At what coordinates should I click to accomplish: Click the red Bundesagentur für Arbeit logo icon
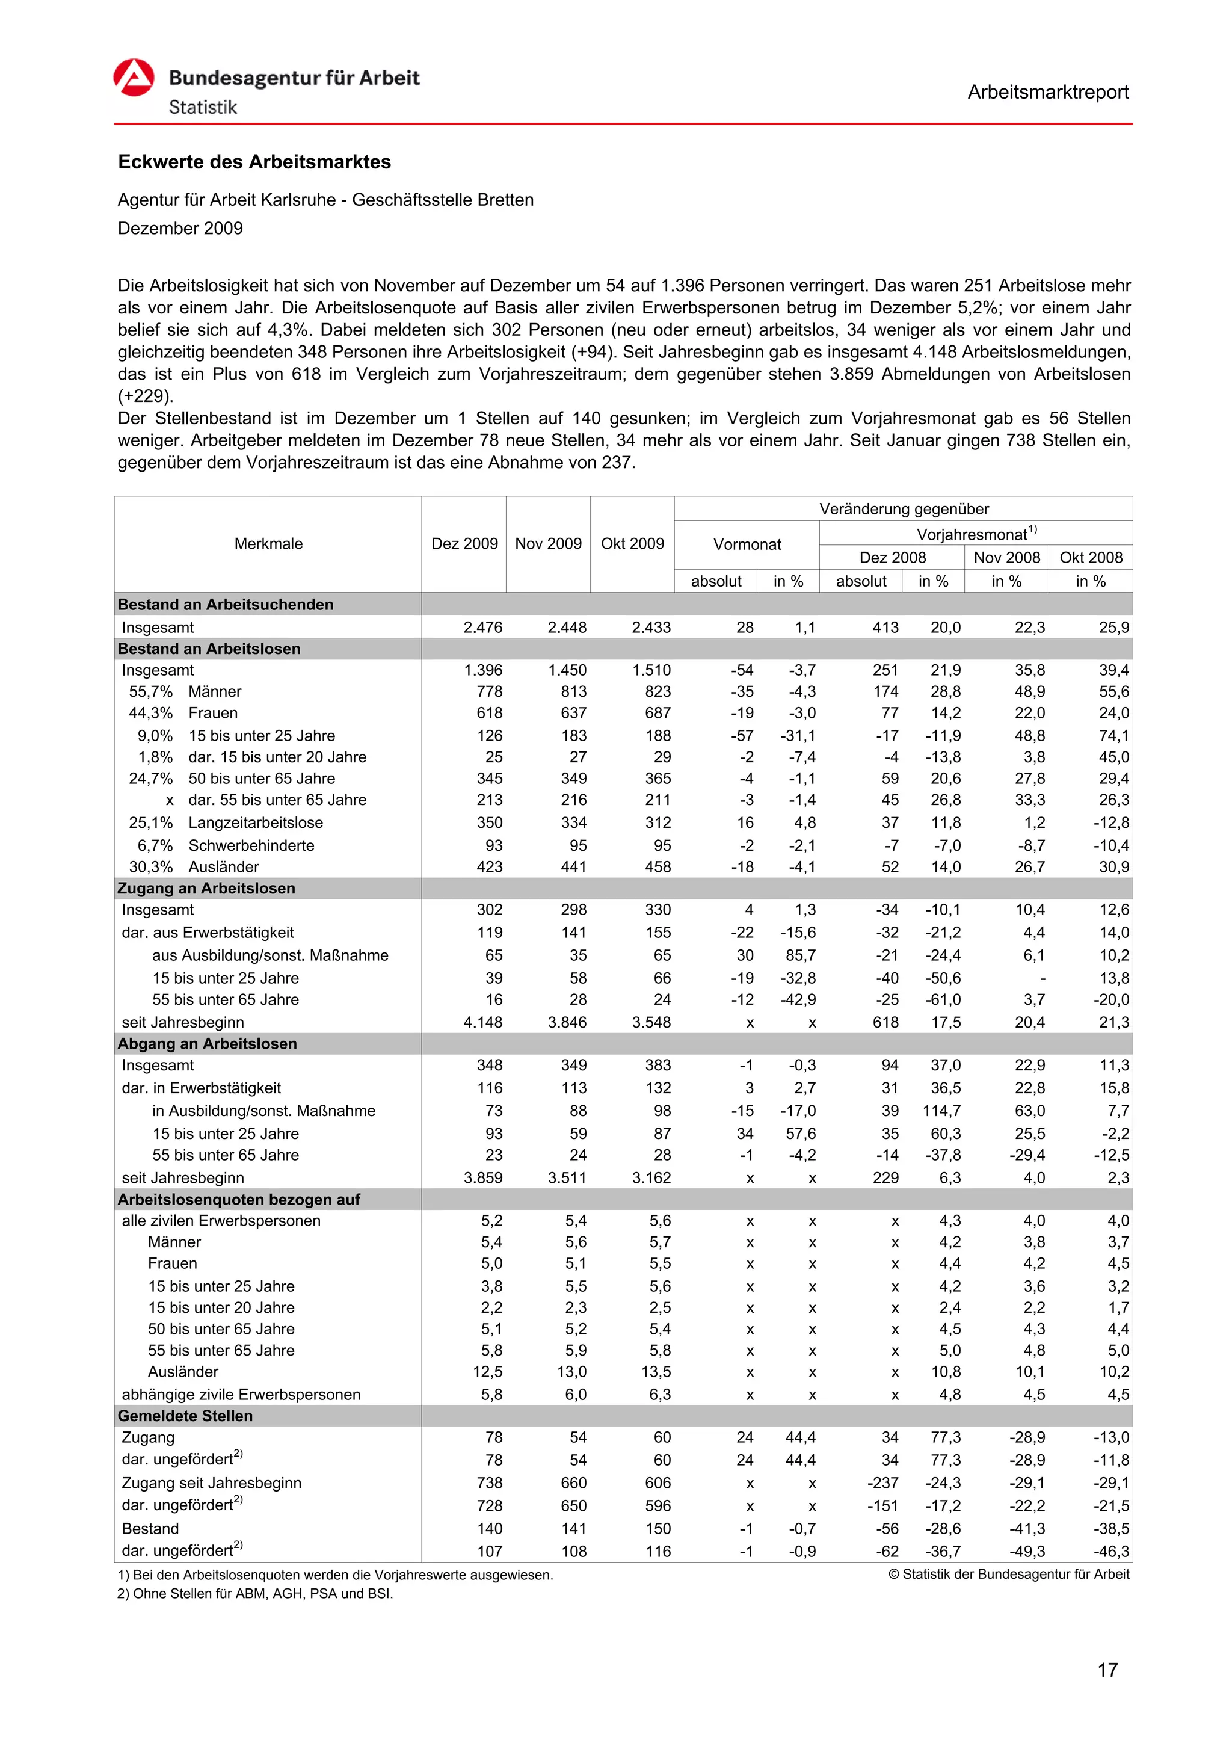pyautogui.click(x=134, y=78)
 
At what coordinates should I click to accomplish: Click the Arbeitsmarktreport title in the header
pyautogui.click(x=1047, y=93)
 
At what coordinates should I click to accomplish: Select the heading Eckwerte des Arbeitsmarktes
pyautogui.click(x=254, y=162)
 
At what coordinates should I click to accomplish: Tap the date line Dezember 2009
pyautogui.click(x=180, y=229)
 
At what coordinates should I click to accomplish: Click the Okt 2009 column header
pyautogui.click(x=632, y=543)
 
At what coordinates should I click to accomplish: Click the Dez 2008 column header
pyautogui.click(x=892, y=557)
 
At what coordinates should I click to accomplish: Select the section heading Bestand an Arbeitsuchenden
pyautogui.click(x=226, y=604)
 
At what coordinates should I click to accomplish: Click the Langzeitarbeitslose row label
pyautogui.click(x=255, y=823)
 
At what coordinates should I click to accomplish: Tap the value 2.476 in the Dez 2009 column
pyautogui.click(x=483, y=628)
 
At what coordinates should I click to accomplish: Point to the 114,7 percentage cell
pyautogui.click(x=941, y=1111)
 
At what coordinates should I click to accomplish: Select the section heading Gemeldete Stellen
pyautogui.click(x=185, y=1416)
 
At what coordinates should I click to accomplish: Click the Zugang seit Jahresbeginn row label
pyautogui.click(x=211, y=1482)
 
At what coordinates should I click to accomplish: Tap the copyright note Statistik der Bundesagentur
pyautogui.click(x=1008, y=1575)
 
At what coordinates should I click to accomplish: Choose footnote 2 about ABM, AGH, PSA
pyautogui.click(x=255, y=1593)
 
